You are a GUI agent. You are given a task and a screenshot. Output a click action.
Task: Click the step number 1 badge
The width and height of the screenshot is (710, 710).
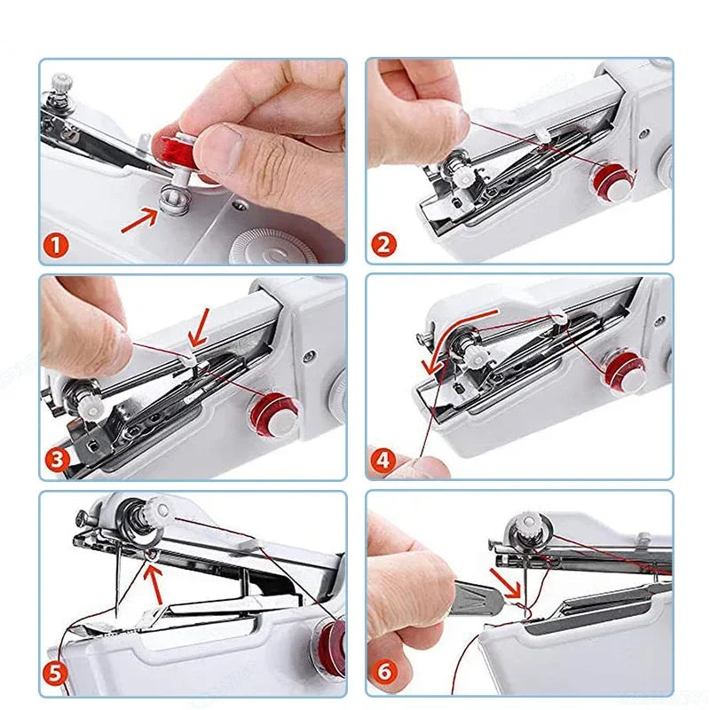click(56, 246)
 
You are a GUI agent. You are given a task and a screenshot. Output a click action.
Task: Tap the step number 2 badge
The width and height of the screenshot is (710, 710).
click(383, 245)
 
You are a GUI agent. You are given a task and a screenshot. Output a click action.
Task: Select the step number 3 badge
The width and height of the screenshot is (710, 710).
click(58, 460)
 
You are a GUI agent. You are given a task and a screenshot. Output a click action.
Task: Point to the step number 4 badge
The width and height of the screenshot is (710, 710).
click(383, 461)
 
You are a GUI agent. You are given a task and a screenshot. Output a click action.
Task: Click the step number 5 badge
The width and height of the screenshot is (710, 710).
click(55, 674)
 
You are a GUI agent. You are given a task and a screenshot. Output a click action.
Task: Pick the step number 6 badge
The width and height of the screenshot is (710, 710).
click(384, 672)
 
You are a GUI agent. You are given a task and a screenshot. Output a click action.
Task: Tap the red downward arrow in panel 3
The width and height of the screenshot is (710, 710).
click(199, 327)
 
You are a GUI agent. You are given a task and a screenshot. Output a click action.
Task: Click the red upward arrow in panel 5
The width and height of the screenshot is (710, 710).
click(154, 585)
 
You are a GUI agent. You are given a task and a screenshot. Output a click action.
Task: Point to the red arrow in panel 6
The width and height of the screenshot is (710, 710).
click(506, 583)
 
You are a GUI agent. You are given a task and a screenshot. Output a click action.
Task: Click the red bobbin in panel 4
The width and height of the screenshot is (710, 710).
click(624, 369)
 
